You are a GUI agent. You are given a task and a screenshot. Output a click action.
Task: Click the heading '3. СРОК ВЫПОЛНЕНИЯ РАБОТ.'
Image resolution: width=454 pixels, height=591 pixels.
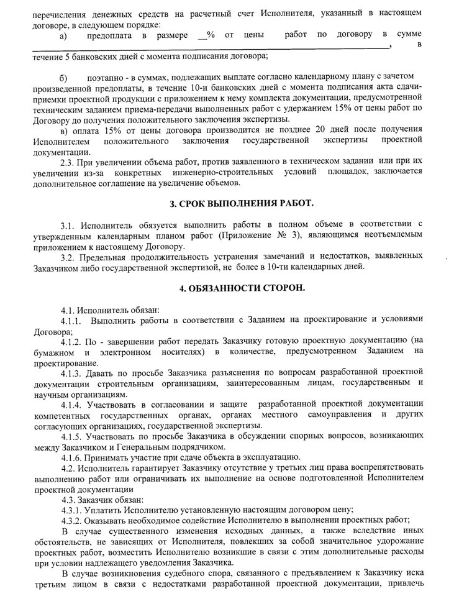point(242,203)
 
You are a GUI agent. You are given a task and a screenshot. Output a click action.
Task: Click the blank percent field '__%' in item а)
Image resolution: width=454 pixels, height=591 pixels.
point(206,35)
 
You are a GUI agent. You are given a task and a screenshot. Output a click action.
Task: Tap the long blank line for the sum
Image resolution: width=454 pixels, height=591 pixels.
point(211,47)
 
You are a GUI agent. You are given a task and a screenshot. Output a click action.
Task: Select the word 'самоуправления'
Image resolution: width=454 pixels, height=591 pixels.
point(338,415)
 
